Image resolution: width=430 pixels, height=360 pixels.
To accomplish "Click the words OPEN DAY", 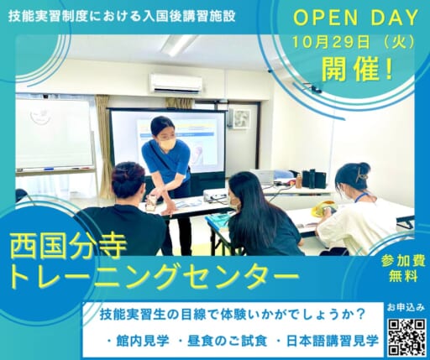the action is pos(355,18).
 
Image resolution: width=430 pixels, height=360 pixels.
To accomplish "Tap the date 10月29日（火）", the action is pos(354,43).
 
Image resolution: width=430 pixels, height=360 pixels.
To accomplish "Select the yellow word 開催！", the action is pos(357,69).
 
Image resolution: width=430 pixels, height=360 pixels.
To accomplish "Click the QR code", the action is pos(407,337).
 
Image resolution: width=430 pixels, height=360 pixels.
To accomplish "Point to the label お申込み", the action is pos(406,308).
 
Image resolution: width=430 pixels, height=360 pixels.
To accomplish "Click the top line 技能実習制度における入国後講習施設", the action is pos(122,16).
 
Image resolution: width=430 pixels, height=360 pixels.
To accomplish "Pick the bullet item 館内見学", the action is pos(139,342).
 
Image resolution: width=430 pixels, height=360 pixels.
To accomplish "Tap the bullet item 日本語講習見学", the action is pos(328,342).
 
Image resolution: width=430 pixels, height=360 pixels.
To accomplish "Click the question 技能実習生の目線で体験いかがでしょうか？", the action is pos(233,316).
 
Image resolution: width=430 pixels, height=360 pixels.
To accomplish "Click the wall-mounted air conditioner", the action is pos(176,83).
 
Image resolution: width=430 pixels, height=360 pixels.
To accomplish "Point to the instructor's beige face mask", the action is pos(168,144).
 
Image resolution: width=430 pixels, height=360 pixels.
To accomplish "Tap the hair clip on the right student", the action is pos(362,175).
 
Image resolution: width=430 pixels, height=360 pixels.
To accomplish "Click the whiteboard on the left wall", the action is pos(54,134).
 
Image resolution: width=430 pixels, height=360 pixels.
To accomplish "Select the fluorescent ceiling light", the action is pos(179,44).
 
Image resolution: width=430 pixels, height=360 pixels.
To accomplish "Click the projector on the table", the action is pos(214,195).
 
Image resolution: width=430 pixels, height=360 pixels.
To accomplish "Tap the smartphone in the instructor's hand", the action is pos(151,201).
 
